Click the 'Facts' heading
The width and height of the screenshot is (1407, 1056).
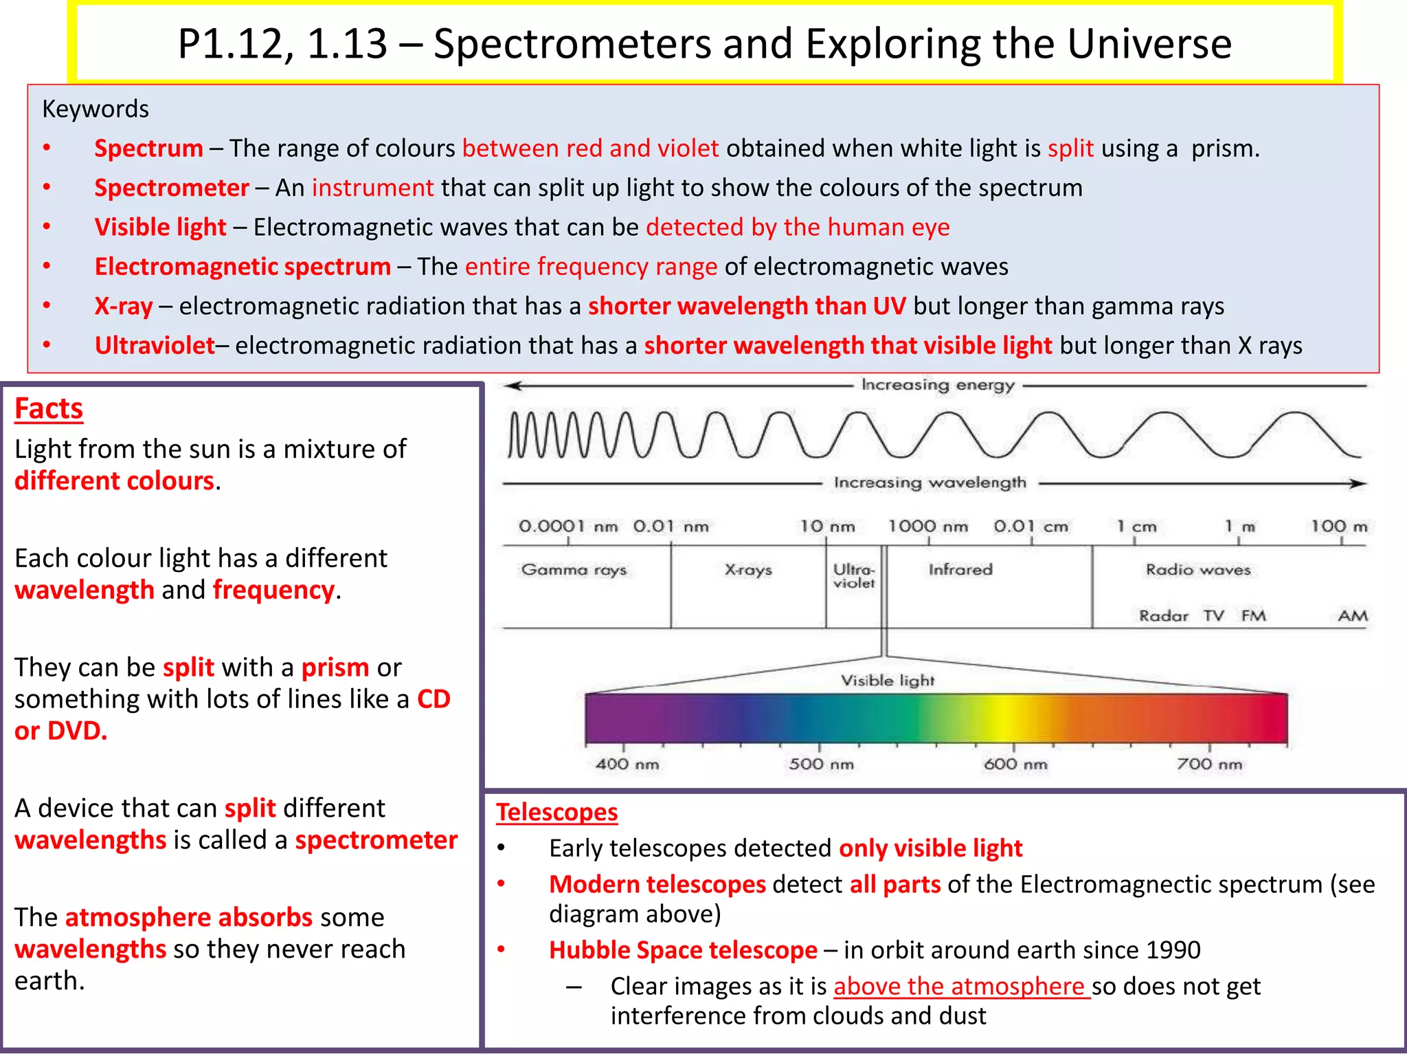point(49,408)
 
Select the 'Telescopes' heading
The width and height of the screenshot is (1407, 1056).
point(556,813)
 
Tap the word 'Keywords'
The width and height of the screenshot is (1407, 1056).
point(95,109)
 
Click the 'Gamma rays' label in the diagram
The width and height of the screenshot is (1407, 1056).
point(574,570)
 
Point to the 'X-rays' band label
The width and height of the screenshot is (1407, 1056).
point(748,570)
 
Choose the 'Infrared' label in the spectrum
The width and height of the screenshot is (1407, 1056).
point(960,569)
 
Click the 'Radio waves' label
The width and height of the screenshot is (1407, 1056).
point(1198,570)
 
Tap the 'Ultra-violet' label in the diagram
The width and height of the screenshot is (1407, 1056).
point(854,576)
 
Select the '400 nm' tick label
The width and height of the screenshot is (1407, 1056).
point(627,764)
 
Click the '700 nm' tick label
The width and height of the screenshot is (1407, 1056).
point(1210,764)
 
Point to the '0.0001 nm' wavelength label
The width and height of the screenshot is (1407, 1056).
point(568,527)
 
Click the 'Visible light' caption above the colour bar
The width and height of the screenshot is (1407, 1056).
point(888,681)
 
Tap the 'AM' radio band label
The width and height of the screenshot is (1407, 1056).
point(1353,616)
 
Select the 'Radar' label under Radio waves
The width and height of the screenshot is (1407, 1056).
point(1163,616)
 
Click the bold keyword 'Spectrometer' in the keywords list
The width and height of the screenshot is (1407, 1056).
point(172,188)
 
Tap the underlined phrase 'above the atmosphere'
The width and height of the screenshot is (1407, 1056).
point(960,987)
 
